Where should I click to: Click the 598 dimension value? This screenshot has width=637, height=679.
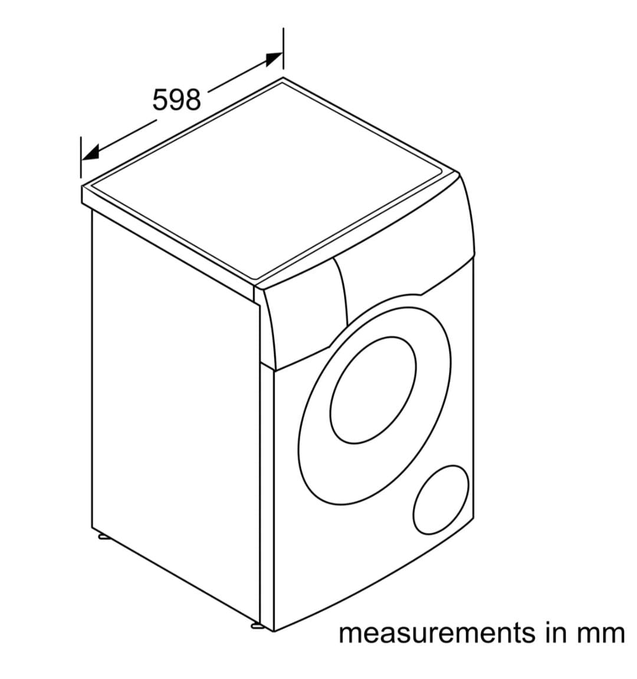coord(177,100)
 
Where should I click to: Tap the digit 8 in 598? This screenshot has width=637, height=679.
coord(193,100)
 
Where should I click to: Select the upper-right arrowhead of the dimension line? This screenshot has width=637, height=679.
coord(272,59)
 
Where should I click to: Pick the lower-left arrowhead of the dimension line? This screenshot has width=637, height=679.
coord(90,153)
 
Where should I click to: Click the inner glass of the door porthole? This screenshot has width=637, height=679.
coord(373,390)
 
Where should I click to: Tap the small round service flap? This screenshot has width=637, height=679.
coord(441,499)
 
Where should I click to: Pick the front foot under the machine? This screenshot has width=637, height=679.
coord(258,625)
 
